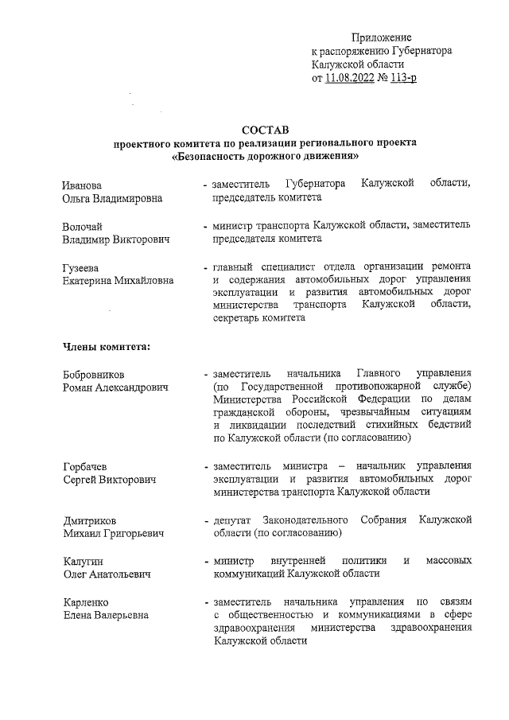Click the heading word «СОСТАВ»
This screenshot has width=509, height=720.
(266, 130)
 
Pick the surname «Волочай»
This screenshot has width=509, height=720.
(83, 226)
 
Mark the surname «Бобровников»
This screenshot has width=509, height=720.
(95, 374)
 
